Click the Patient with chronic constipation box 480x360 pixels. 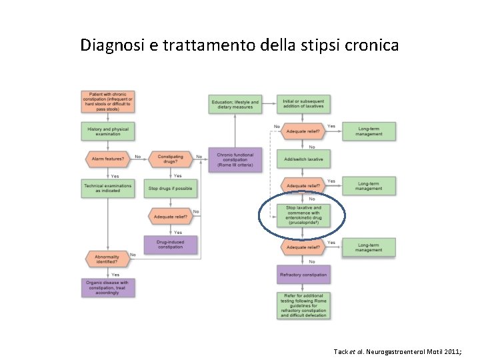107,102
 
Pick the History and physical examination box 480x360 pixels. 107,131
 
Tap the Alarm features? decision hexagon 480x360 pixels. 107,159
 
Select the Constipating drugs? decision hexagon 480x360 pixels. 170,159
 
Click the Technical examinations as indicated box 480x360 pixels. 107,188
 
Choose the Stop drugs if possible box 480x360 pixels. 170,188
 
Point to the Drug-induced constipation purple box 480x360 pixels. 170,245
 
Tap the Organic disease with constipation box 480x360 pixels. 107,288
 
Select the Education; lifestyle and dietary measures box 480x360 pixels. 234,105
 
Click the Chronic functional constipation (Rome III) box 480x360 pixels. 235,160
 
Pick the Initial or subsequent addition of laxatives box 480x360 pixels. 303,105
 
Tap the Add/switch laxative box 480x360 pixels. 303,159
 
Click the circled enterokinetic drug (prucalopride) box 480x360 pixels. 303,215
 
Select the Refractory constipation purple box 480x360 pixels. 303,274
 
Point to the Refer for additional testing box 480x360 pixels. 303,305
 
